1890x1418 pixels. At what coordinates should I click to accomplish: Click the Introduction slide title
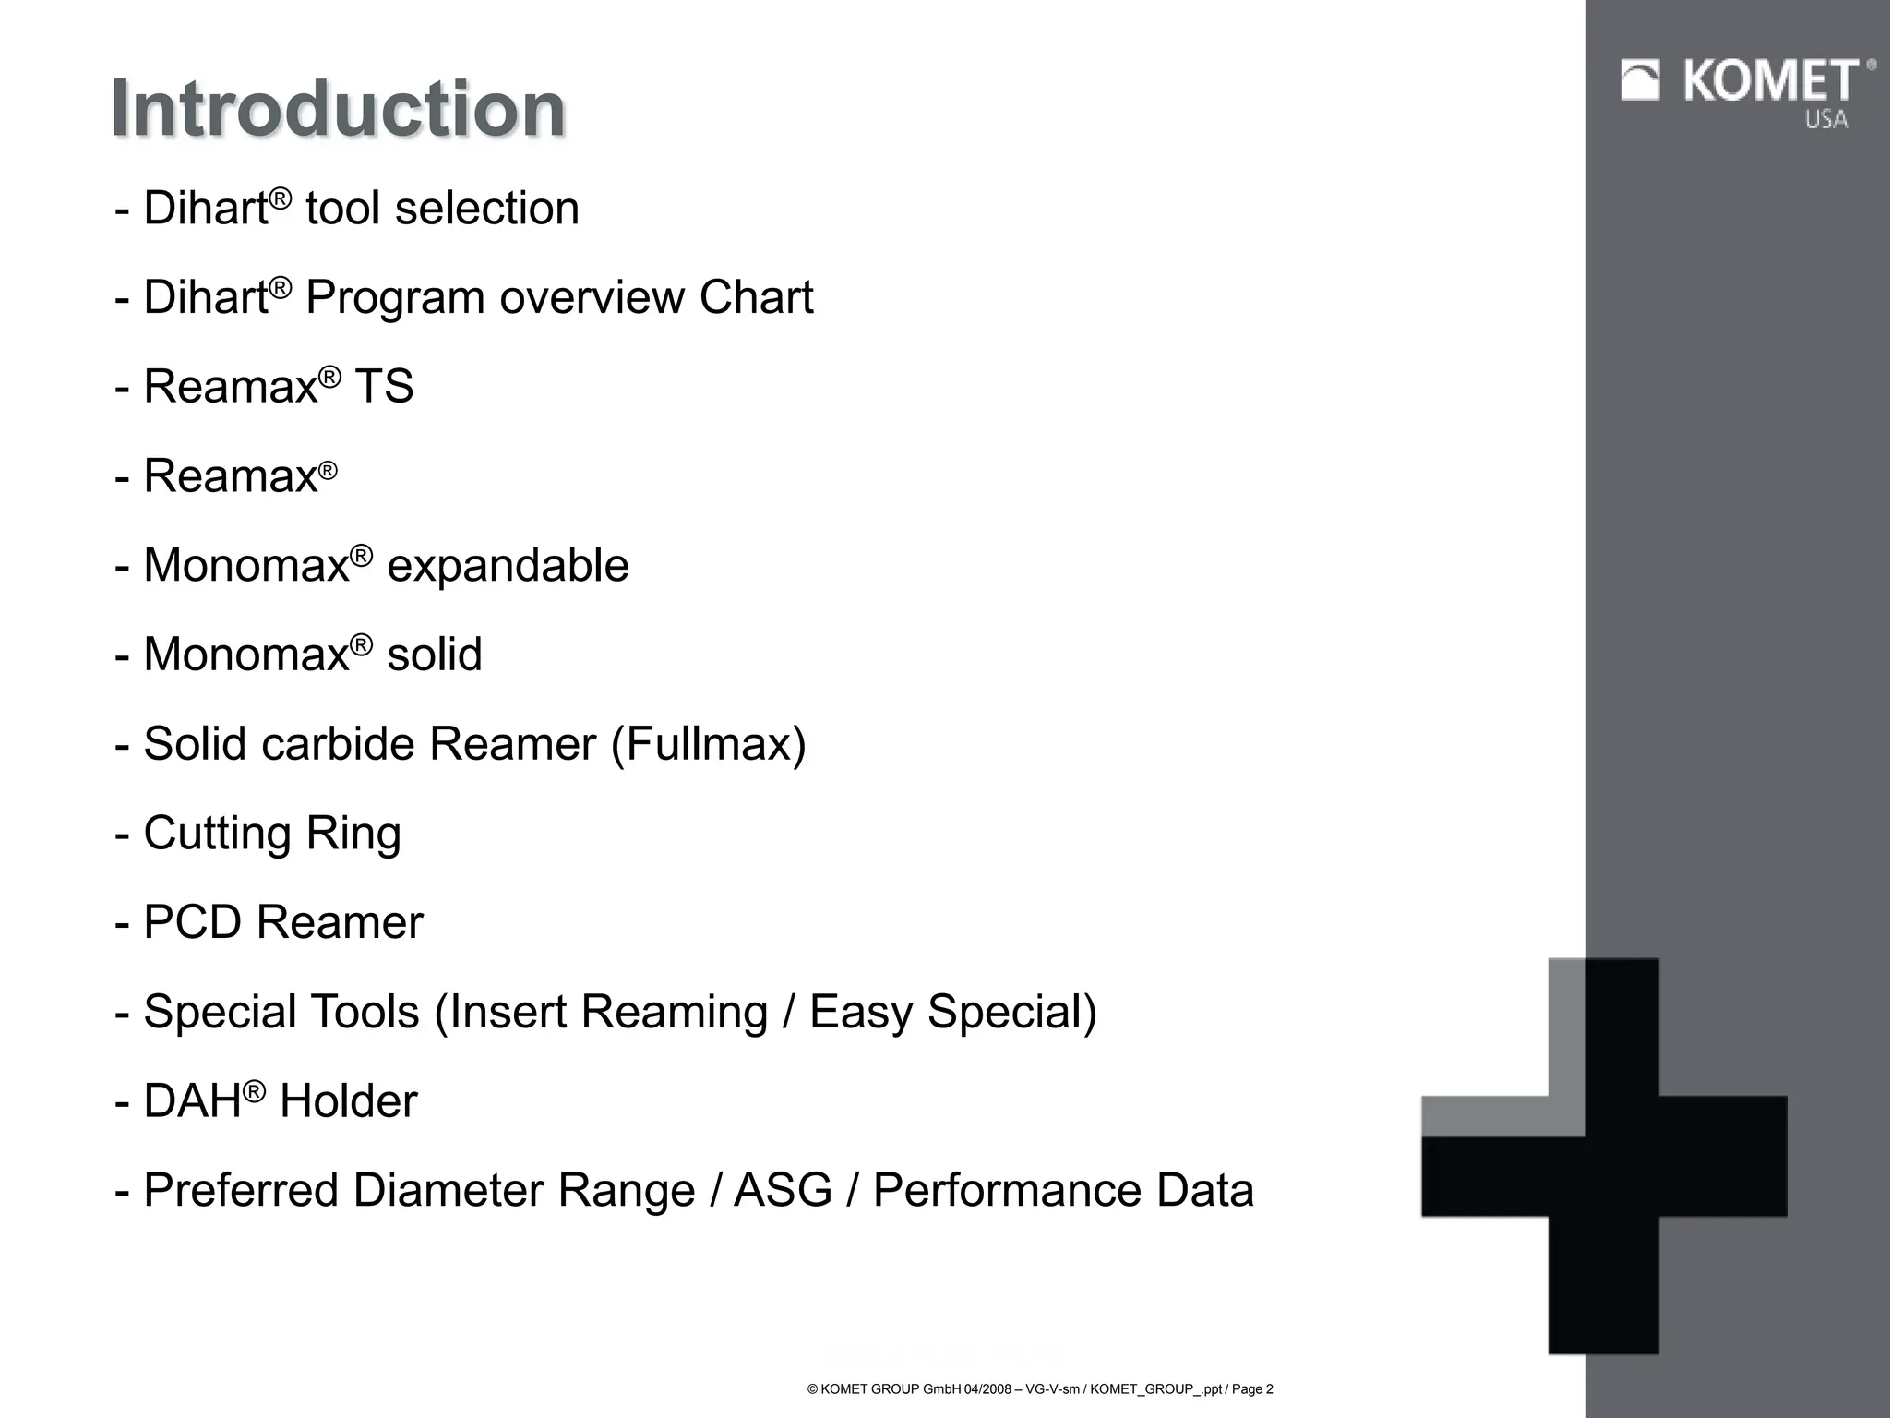coord(338,109)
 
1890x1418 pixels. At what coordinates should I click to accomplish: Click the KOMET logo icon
coord(1641,80)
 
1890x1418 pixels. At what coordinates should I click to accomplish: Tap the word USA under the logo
coord(1826,119)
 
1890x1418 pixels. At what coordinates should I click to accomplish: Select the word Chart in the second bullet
coord(756,297)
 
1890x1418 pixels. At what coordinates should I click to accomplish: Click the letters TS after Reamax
coord(384,386)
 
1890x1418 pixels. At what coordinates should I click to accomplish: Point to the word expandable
coord(508,565)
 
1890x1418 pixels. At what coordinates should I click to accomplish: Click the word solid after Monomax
coord(434,655)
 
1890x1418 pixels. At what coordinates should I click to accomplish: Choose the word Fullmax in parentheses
coord(709,744)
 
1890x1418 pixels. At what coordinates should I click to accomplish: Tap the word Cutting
coord(217,834)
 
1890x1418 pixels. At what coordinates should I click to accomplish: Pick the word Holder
coord(348,1101)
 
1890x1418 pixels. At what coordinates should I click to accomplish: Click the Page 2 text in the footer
coord(1252,1389)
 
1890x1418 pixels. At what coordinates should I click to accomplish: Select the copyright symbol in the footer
coord(812,1389)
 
